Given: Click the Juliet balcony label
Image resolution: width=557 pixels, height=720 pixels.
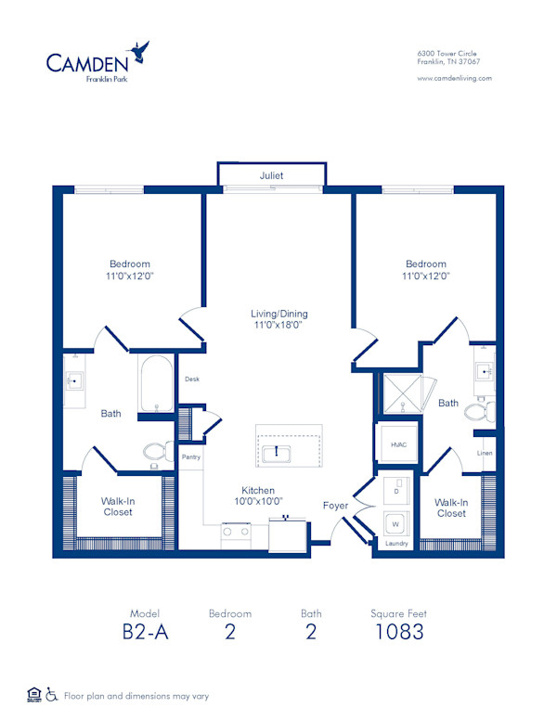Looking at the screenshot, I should [x=271, y=174].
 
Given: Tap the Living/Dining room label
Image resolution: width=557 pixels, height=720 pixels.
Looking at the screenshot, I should [x=278, y=319].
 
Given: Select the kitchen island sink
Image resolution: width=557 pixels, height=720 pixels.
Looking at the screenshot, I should [x=276, y=453].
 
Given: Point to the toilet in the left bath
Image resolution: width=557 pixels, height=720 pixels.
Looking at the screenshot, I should [x=156, y=452].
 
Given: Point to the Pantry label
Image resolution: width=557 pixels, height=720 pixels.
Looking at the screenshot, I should [x=191, y=456].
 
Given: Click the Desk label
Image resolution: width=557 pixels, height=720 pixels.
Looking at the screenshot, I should [x=192, y=379].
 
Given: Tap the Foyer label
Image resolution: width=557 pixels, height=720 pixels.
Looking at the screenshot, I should [x=335, y=506].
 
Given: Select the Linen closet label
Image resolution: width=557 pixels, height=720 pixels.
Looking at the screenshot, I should [x=485, y=453].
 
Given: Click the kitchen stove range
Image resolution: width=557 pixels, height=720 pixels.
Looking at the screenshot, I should [x=235, y=533].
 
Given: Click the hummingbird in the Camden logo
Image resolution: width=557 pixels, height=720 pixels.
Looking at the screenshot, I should [x=142, y=50].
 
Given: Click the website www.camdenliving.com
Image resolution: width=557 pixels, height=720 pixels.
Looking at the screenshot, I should [x=455, y=79].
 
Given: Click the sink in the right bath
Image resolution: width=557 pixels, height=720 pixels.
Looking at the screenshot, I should [x=484, y=371].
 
